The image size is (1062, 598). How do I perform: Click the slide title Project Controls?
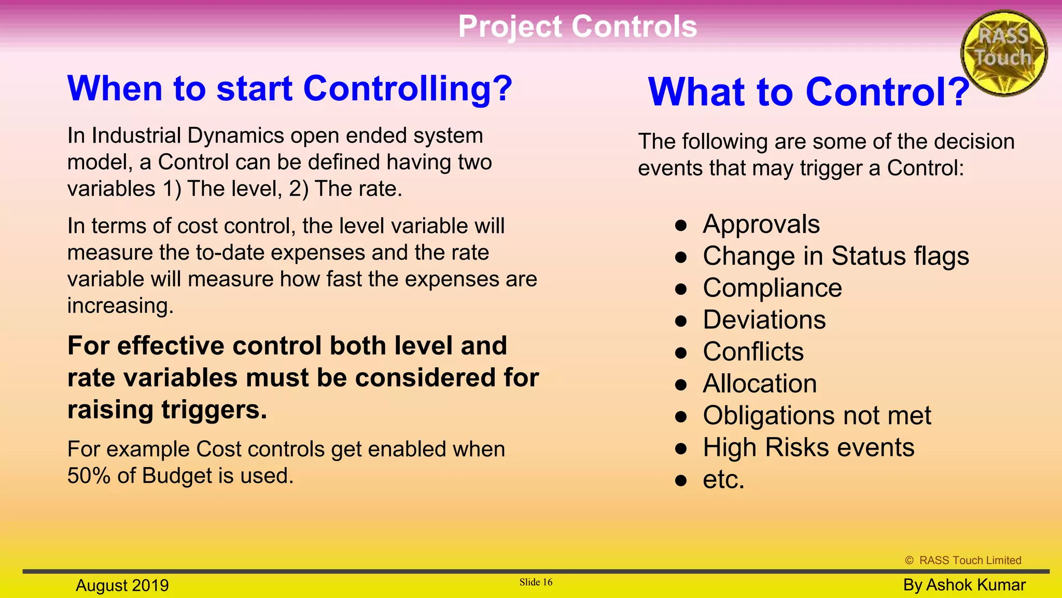click(577, 26)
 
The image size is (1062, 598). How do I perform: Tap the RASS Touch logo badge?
click(1003, 53)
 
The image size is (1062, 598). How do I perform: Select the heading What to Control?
click(808, 92)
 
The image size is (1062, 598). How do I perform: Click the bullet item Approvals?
click(761, 224)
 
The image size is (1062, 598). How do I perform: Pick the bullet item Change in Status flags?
click(835, 256)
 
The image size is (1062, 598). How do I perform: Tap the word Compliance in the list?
click(772, 288)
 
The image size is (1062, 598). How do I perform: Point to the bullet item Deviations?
click(764, 320)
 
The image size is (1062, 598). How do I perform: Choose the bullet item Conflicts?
click(753, 352)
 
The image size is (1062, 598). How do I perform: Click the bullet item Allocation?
click(760, 384)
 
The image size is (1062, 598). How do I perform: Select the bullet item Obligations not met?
click(817, 415)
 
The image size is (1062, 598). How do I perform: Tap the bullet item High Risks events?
click(808, 447)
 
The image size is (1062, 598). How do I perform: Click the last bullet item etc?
click(723, 479)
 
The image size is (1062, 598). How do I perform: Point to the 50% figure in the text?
click(89, 475)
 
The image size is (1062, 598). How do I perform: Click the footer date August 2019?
click(122, 586)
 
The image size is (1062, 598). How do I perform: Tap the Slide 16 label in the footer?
click(536, 582)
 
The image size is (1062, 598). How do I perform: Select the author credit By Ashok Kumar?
click(964, 585)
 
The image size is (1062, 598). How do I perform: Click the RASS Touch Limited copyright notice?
click(963, 560)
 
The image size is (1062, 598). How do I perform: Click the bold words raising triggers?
click(167, 410)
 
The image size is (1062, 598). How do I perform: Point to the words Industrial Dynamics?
click(187, 136)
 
